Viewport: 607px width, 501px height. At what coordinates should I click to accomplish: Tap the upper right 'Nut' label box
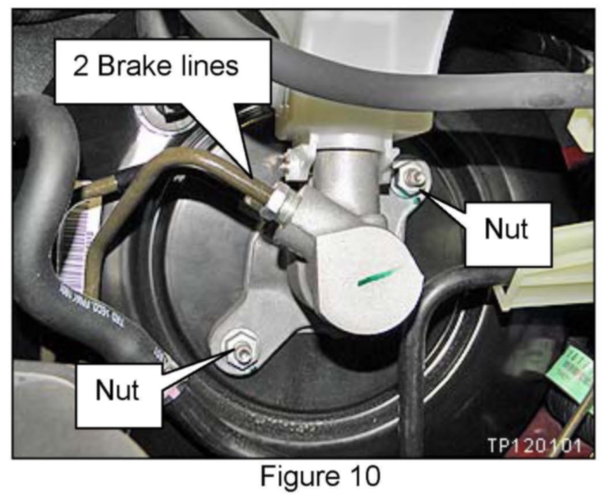[x=506, y=229]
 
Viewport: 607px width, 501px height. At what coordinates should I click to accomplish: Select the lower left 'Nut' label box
[x=118, y=391]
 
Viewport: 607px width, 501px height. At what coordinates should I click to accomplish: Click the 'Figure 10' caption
[x=321, y=477]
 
